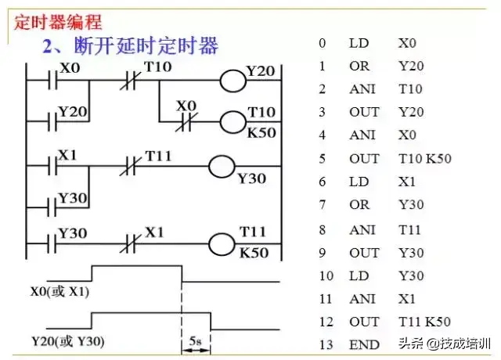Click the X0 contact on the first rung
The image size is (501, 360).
tap(54, 80)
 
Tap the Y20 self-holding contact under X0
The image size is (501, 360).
tap(54, 122)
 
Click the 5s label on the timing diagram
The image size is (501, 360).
tap(196, 342)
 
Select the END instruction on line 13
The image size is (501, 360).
tap(364, 344)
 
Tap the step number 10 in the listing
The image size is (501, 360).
tap(326, 276)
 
